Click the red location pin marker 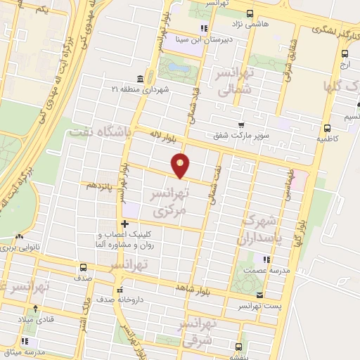point(182,165)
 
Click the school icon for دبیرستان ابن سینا point(204,29)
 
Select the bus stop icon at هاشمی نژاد point(250,13)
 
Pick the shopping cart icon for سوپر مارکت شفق point(241,125)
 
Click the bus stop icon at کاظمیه point(327,127)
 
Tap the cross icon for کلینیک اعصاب point(124,223)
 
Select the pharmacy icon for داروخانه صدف point(120,288)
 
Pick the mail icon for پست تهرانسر point(260,295)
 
